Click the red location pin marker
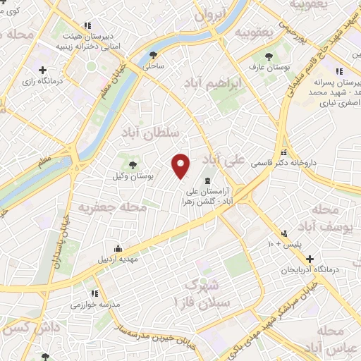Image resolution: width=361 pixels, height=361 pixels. [181, 165]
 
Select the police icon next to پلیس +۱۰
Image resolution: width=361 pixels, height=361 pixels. [284, 233]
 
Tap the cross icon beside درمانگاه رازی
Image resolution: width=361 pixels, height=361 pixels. [43, 70]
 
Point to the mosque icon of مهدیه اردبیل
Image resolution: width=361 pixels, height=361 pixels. [118, 247]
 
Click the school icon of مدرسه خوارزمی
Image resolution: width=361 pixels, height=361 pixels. [92, 294]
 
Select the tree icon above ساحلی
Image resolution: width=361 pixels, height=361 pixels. [154, 54]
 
